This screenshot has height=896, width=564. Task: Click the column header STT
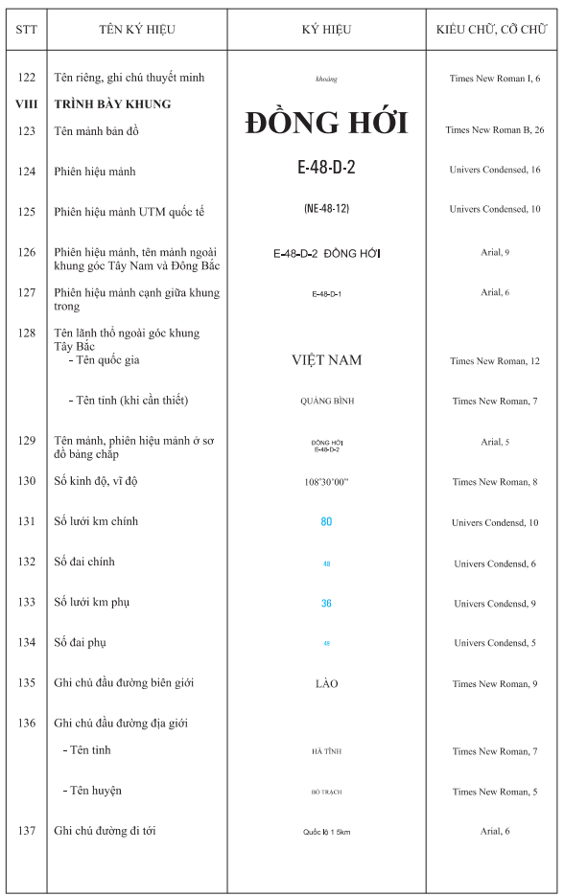26,30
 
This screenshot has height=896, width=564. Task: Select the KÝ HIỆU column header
326,30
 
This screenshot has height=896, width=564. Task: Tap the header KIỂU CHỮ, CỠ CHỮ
492,30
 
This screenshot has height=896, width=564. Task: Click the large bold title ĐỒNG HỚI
326,123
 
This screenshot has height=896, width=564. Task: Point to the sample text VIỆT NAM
326,360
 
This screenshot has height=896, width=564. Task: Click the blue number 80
326,522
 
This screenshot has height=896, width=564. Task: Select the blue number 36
326,604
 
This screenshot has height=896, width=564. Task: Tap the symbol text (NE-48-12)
326,208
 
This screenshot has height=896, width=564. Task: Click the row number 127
26,293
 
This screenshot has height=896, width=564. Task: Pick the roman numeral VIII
26,103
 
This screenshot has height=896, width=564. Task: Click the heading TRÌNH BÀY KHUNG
113,103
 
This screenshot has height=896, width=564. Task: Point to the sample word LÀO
326,684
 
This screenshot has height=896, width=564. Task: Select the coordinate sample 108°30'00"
326,482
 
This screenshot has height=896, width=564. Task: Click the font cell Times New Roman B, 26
495,129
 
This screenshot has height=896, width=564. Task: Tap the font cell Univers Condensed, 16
495,170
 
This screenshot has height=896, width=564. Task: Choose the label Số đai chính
84,562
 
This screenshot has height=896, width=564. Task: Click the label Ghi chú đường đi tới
105,831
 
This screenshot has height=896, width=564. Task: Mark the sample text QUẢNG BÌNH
326,402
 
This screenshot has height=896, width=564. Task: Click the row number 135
26,683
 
